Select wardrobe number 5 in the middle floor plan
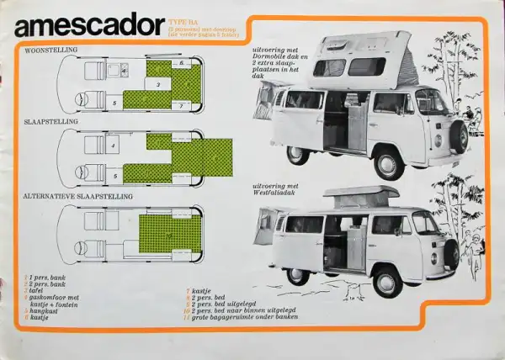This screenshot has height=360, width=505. [114, 177]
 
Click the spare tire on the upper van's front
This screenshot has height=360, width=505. [460, 135]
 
